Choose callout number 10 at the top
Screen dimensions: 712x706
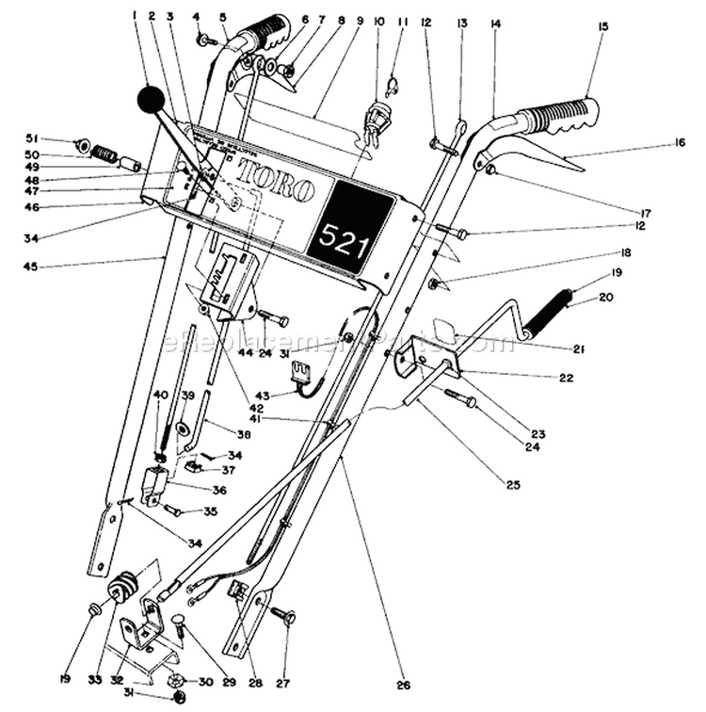tap(378, 20)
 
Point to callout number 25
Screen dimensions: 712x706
tap(513, 485)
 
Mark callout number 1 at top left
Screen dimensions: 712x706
tap(136, 14)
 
